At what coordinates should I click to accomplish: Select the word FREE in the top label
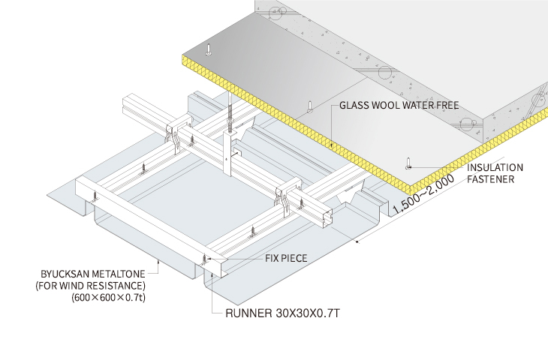pyautogui.click(x=444, y=106)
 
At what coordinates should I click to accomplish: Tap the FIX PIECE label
pyautogui.click(x=286, y=258)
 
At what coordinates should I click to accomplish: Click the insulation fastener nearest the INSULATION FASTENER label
pyautogui.click(x=408, y=162)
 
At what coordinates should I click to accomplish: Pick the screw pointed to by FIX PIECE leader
pyautogui.click(x=204, y=258)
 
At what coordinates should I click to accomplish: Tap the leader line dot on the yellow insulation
pyautogui.click(x=330, y=143)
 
